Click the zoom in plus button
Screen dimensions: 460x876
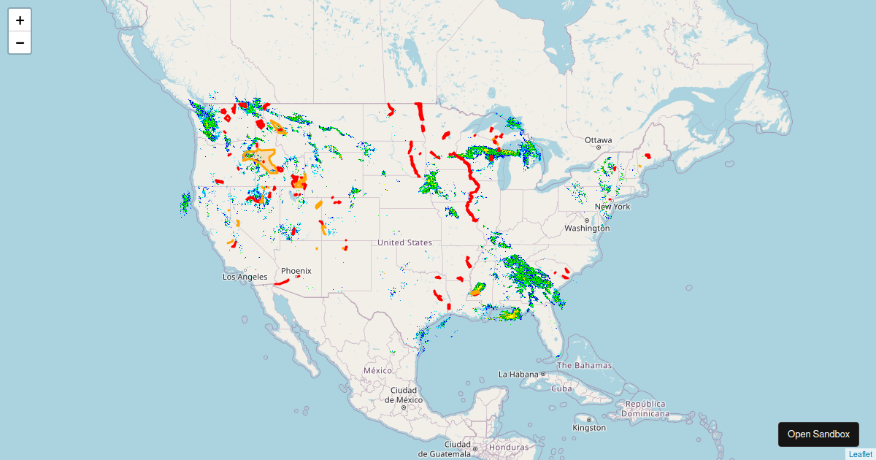[x=20, y=20]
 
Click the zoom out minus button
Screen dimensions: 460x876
[x=20, y=43]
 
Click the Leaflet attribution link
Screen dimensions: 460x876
[x=860, y=454]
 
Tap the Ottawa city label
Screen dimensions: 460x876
[x=599, y=139]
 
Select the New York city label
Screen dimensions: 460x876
[x=612, y=207]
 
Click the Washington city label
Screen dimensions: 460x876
[x=586, y=228]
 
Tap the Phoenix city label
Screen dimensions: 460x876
[x=296, y=271]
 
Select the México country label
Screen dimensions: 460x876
[x=378, y=370]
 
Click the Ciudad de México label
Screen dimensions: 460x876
[x=403, y=394]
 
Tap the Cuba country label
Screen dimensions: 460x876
[x=561, y=388]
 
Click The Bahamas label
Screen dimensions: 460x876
[x=584, y=365]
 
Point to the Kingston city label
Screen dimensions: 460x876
[x=589, y=428]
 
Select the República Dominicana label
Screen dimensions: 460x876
[x=645, y=408]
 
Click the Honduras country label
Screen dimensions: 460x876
[x=509, y=447]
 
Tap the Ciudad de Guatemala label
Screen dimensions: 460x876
[x=458, y=448]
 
